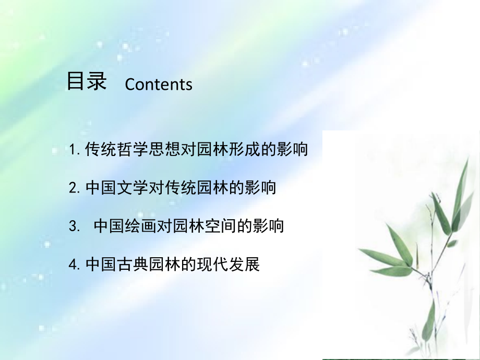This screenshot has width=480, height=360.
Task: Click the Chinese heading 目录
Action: [87, 81]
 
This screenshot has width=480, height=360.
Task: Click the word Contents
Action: [159, 84]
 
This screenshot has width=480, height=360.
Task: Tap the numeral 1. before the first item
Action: [75, 150]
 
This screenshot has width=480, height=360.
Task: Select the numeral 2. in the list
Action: [75, 188]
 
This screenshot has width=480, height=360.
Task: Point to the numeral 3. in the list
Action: [75, 226]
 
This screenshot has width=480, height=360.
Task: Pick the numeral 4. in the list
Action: [75, 264]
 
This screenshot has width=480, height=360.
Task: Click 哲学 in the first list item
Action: [133, 149]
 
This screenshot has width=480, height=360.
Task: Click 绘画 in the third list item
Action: [140, 226]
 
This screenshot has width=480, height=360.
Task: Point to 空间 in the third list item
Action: [220, 226]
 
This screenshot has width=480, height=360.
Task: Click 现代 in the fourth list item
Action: [212, 264]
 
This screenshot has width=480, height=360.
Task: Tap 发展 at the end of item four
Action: [244, 264]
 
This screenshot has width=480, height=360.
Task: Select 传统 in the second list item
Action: [181, 187]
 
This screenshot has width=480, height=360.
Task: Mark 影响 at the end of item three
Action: [268, 226]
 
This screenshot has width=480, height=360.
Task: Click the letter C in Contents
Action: [130, 84]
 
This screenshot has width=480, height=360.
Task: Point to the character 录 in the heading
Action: [97, 81]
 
